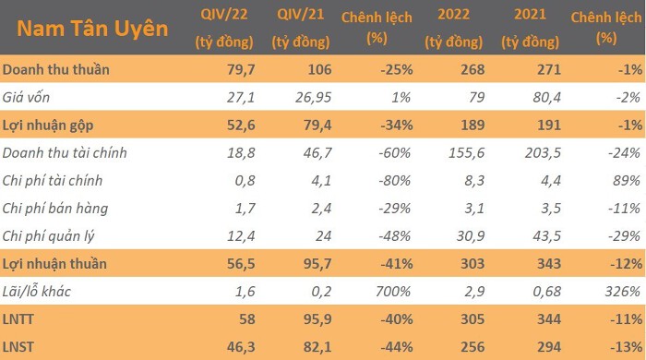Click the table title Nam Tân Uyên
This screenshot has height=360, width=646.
tap(92, 29)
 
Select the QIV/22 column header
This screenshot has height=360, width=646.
tap(224, 28)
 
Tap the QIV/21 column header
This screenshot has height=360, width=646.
tap(301, 28)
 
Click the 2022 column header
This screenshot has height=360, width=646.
tap(454, 28)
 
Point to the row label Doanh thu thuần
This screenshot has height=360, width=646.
tap(56, 69)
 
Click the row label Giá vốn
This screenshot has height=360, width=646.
tap(26, 97)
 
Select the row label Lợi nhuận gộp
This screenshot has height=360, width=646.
tap(48, 126)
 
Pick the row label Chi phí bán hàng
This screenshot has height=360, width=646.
tap(54, 209)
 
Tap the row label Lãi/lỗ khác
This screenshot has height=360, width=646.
tap(36, 292)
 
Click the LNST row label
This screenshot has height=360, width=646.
tap(18, 347)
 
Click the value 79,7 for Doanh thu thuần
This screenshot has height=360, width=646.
tap(241, 69)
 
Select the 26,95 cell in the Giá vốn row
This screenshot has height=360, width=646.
tap(314, 97)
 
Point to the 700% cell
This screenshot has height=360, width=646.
tap(393, 292)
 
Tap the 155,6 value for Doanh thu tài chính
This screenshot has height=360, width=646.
tap(466, 153)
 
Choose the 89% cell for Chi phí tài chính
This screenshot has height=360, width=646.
tap(627, 180)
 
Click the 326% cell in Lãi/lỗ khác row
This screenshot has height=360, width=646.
tap(623, 292)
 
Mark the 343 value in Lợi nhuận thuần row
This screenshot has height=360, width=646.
tap(549, 264)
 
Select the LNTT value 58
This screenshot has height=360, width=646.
tap(247, 319)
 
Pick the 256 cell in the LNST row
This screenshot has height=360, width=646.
tap(473, 347)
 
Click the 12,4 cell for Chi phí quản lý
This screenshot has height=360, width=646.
tap(241, 236)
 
